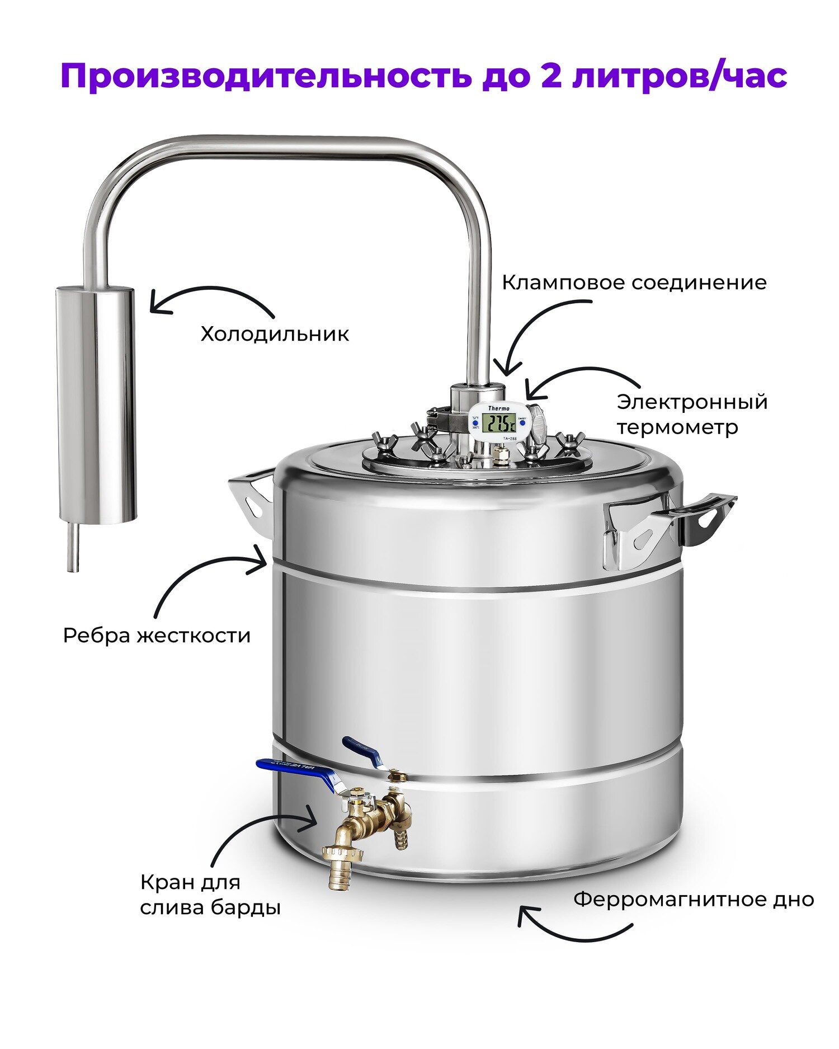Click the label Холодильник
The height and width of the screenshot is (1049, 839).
(275, 334)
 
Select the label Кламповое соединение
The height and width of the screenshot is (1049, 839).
(634, 282)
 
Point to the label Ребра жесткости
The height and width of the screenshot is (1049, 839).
(157, 636)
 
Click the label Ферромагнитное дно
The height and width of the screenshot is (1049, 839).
(694, 900)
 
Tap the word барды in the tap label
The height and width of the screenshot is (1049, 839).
(246, 907)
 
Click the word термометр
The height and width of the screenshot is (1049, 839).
(677, 428)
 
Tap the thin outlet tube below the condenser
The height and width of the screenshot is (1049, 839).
(73, 547)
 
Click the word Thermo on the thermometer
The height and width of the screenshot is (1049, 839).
(499, 408)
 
